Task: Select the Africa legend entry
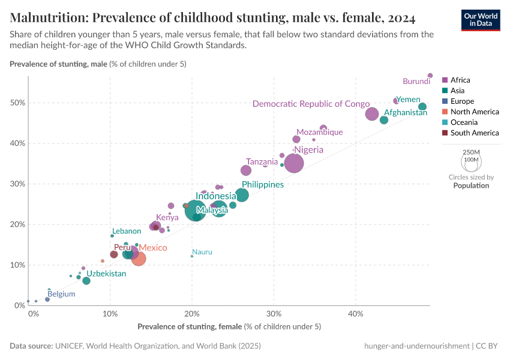coord(460,80)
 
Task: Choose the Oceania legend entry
coord(463,122)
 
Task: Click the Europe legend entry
coord(462,101)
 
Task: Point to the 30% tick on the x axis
coord(274,314)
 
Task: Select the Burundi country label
coord(416,82)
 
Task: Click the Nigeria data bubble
coord(294,163)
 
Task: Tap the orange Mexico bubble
coord(139,259)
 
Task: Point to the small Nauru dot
coord(192,256)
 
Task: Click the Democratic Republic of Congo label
coord(311,104)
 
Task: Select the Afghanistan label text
coord(406,112)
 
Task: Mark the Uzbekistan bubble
coord(86,281)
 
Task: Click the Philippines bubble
coord(242,195)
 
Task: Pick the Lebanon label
coord(126,231)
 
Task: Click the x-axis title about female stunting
coord(229,326)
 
